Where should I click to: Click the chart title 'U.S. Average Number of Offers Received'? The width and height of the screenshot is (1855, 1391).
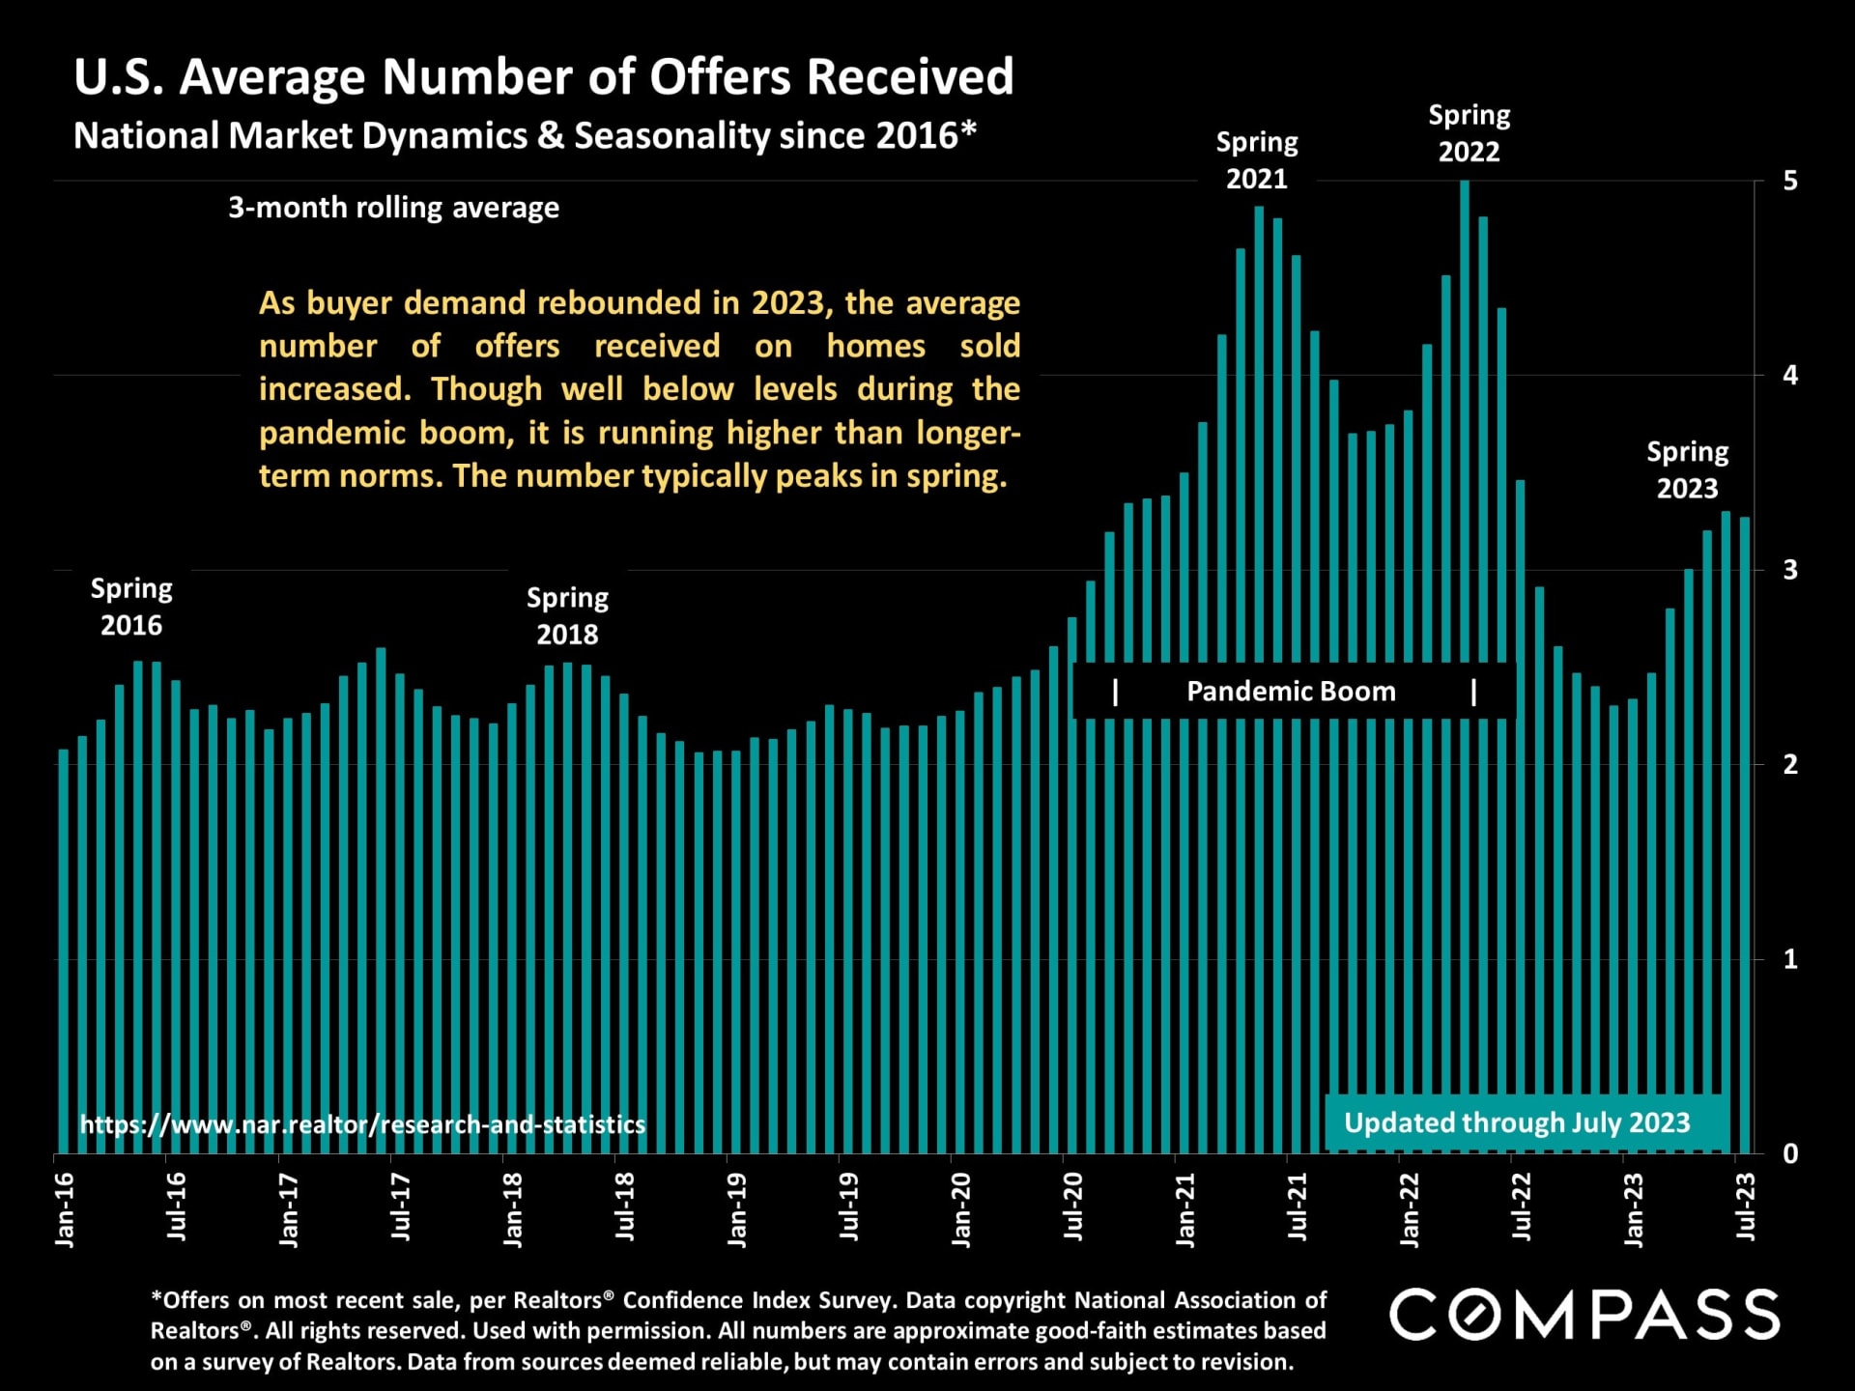coord(544,77)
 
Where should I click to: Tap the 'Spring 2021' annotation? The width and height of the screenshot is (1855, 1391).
coord(1257,160)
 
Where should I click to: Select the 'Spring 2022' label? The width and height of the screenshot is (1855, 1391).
coord(1470,133)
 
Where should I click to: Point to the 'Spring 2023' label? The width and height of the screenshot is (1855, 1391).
coord(1688,470)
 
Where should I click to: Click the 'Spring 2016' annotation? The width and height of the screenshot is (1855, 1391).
coord(131,607)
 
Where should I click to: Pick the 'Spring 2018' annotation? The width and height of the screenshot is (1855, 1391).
coord(567,616)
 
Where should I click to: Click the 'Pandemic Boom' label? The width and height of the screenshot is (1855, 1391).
coord(1291,692)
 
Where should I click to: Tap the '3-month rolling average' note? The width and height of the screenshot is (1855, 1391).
coord(393,208)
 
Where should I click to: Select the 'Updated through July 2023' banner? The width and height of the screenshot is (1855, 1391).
coord(1517,1122)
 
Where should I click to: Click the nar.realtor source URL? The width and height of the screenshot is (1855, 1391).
coord(362,1124)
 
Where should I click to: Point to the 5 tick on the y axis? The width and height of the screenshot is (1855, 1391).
coord(1790,182)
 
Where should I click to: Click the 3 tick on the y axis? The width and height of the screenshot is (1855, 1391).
coord(1790,570)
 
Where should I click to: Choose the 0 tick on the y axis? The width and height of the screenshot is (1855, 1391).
coord(1790,1153)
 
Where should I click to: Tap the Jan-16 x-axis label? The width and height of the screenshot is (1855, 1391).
coord(65,1209)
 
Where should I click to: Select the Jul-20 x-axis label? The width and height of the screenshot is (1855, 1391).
coord(1073,1206)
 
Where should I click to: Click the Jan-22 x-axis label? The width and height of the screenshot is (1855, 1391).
coord(1410,1209)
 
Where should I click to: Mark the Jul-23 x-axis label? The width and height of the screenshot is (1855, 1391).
coord(1746,1206)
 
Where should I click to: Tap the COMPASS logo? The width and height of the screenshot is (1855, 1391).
coord(1584,1315)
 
